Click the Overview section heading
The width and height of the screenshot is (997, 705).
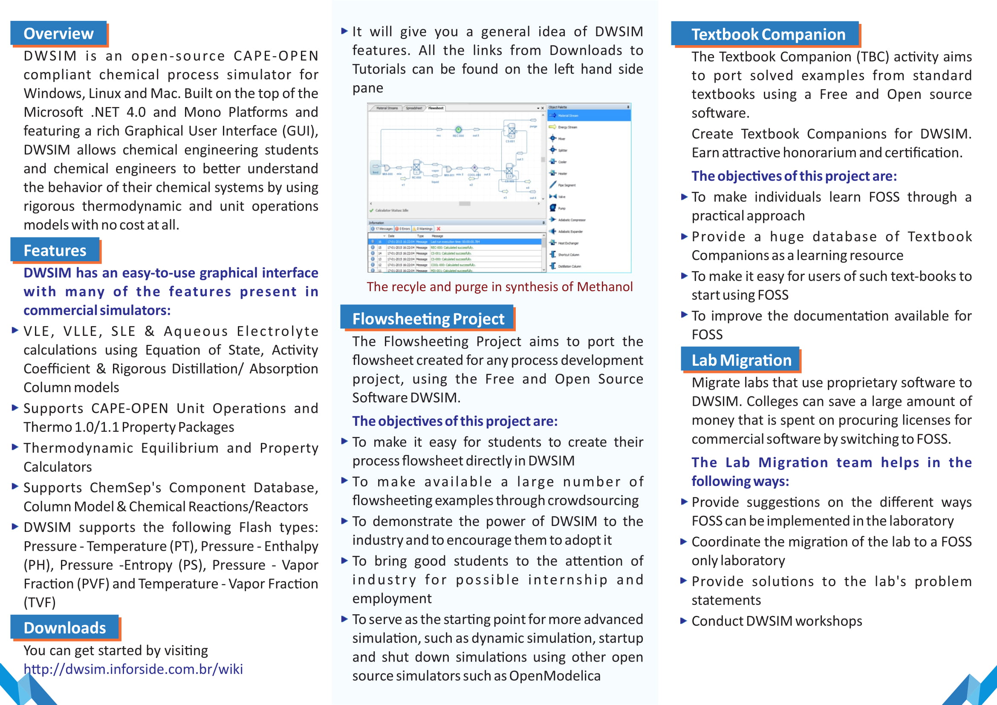coord(58,33)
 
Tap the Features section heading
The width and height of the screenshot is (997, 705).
coord(55,251)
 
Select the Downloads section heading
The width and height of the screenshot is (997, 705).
coord(64,628)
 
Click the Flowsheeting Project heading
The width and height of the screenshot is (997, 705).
coord(428,319)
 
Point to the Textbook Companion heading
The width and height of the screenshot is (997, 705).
coord(768,34)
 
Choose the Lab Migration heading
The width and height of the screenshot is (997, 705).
coord(741,360)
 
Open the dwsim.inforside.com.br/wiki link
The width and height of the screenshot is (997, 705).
coord(133,669)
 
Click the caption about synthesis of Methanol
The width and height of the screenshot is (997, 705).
coord(500,286)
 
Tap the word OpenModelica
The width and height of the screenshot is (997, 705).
coord(555,676)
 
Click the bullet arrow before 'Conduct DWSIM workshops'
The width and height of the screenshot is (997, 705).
coord(684,621)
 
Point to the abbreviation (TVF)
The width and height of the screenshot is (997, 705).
coord(40,603)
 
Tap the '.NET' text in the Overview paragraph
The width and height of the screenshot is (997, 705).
coord(104,112)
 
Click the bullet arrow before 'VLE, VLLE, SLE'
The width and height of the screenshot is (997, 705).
coord(15,330)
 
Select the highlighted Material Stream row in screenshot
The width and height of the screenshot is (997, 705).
coord(588,116)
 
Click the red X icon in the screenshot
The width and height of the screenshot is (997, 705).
coord(438,229)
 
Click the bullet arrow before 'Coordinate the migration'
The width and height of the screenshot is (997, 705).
coord(684,541)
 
